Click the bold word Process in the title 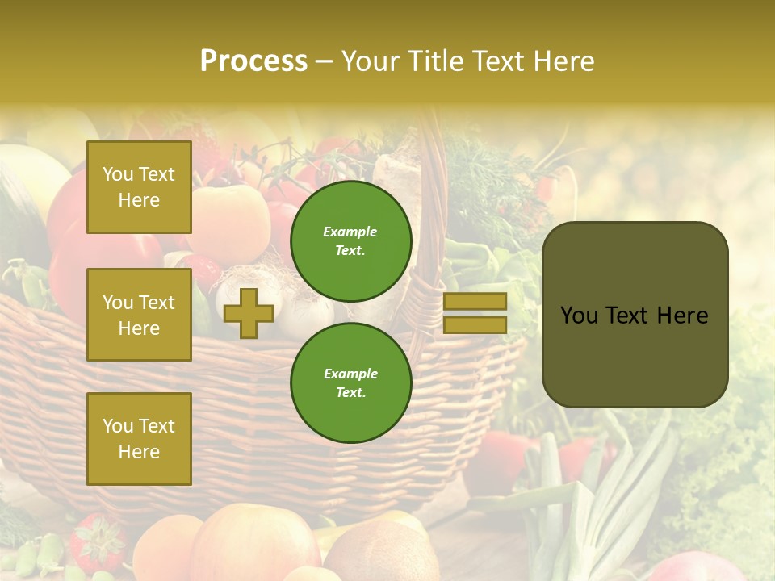point(253,61)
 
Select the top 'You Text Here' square point(139,187)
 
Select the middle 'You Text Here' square point(139,315)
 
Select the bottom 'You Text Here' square point(139,439)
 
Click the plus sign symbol point(249,313)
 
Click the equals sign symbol point(475,313)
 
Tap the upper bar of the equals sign point(475,301)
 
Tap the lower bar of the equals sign point(475,325)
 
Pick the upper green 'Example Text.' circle point(350,240)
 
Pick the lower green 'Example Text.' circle point(350,382)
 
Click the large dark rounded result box point(635,315)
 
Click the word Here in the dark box point(682,316)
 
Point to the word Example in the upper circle point(350,232)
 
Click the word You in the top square point(118,174)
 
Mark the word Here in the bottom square point(139,452)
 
